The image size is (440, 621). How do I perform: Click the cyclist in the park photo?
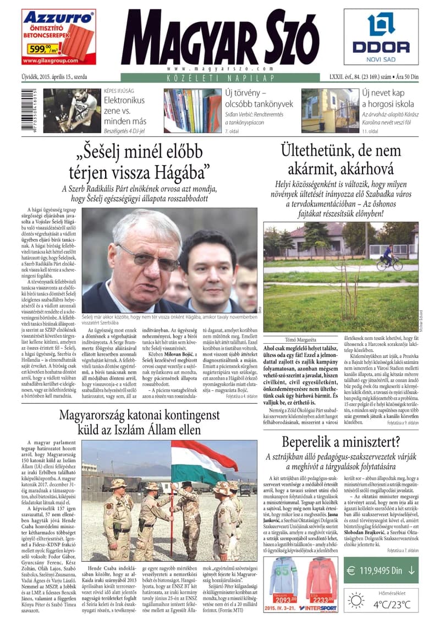point(388,258)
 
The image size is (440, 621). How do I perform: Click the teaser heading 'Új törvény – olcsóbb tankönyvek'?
point(258,98)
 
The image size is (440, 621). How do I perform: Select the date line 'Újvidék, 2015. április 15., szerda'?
point(54,77)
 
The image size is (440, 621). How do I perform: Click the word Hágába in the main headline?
point(175,172)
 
